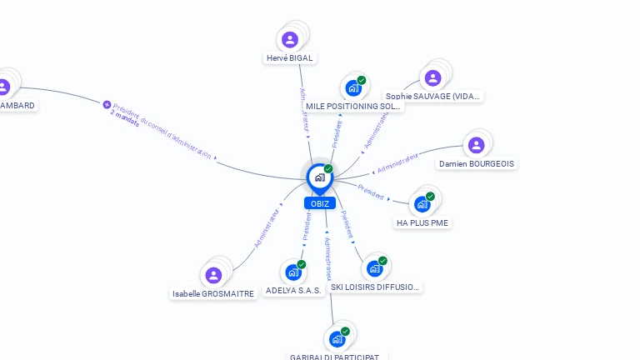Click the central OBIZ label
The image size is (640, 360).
tap(319, 203)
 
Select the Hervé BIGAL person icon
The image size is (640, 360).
tap(290, 39)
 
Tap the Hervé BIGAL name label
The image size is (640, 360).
tap(289, 58)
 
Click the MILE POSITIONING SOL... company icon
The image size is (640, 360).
tap(353, 87)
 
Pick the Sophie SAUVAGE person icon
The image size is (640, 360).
tap(432, 77)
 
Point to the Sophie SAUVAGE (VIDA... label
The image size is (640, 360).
tap(432, 97)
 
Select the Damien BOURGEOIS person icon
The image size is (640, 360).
tap(476, 145)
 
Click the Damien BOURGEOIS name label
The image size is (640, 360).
tap(477, 164)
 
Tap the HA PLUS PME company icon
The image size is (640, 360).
tap(422, 204)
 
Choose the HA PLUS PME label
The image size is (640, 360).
tap(422, 223)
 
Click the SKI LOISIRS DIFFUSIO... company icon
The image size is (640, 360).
tap(374, 268)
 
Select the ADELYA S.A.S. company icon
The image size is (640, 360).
tap(292, 272)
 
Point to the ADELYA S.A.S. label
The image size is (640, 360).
tap(293, 291)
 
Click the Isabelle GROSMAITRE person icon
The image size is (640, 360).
tap(213, 275)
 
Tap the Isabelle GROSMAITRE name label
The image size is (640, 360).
tap(213, 294)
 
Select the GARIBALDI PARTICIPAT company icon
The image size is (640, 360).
tap(337, 338)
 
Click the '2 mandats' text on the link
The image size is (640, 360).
tap(124, 117)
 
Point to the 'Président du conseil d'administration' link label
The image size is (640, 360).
tap(162, 129)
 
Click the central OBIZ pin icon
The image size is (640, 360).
tap(319, 177)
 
